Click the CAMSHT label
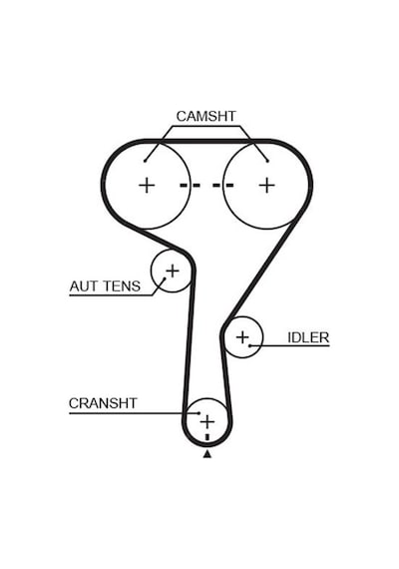point(206,116)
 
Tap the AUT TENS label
point(105,286)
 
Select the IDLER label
point(308,337)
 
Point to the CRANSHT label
point(103,403)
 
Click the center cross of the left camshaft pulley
point(147,186)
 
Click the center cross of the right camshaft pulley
point(267,186)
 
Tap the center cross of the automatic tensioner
point(173,271)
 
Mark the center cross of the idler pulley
point(242,337)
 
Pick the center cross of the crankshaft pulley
point(207,421)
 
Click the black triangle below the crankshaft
point(207,453)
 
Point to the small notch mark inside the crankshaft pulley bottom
point(207,437)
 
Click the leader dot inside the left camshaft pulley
point(145,161)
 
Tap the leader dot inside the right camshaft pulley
point(267,161)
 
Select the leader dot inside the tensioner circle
point(165,280)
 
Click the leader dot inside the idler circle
point(249,345)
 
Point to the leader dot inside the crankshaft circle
point(199,413)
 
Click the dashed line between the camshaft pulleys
point(206,186)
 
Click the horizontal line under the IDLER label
point(290,345)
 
